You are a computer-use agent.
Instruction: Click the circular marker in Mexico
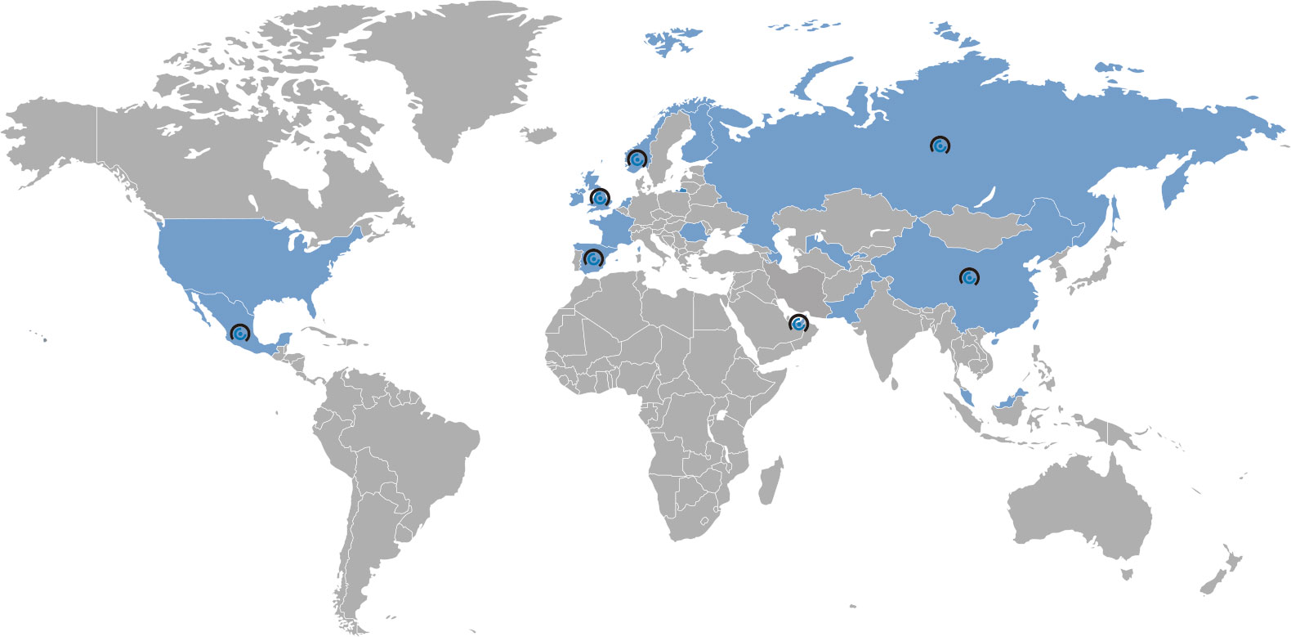pyautogui.click(x=239, y=334)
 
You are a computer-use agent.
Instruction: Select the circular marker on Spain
pyautogui.click(x=593, y=260)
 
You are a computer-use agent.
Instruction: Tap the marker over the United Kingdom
pyautogui.click(x=600, y=198)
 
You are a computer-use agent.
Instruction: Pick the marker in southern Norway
pyautogui.click(x=637, y=159)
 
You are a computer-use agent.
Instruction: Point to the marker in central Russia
pyautogui.click(x=940, y=146)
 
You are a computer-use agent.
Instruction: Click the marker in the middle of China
pyautogui.click(x=969, y=278)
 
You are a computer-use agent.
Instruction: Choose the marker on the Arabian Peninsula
pyautogui.click(x=797, y=324)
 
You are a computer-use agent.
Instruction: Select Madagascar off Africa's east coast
pyautogui.click(x=769, y=482)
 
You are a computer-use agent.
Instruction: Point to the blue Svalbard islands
pyautogui.click(x=672, y=41)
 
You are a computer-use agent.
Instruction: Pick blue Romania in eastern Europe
pyautogui.click(x=694, y=232)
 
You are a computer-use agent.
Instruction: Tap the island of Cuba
pyautogui.click(x=327, y=336)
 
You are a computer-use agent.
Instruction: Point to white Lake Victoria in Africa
pyautogui.click(x=721, y=418)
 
